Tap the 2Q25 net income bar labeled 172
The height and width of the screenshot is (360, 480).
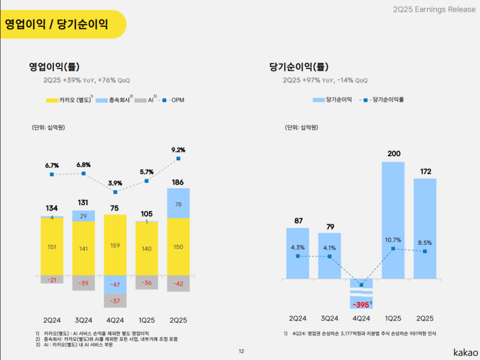pyautogui.click(x=425, y=228)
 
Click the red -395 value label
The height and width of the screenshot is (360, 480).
pyautogui.click(x=361, y=304)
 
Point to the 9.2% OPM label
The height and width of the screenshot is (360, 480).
pyautogui.click(x=178, y=150)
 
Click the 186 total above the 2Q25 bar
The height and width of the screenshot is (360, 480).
pyautogui.click(x=178, y=182)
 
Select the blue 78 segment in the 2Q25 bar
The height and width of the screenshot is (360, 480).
pyautogui.click(x=178, y=204)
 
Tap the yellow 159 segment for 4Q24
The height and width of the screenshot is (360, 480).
pyautogui.click(x=115, y=245)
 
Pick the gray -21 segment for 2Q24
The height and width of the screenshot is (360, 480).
pyautogui.click(x=52, y=280)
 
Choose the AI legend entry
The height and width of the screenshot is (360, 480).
pyautogui.click(x=148, y=100)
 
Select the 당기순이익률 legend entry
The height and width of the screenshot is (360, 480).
pyautogui.click(x=384, y=100)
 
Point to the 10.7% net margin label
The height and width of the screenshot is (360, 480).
pyautogui.click(x=393, y=240)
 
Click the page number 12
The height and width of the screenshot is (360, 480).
pyautogui.click(x=241, y=352)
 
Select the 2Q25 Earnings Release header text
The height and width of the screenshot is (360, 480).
pyautogui.click(x=430, y=9)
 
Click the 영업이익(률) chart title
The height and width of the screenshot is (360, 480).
pyautogui.click(x=54, y=67)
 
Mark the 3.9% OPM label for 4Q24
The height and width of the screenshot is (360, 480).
pyautogui.click(x=115, y=183)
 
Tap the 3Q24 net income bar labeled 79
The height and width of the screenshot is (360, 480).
pyautogui.click(x=330, y=255)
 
